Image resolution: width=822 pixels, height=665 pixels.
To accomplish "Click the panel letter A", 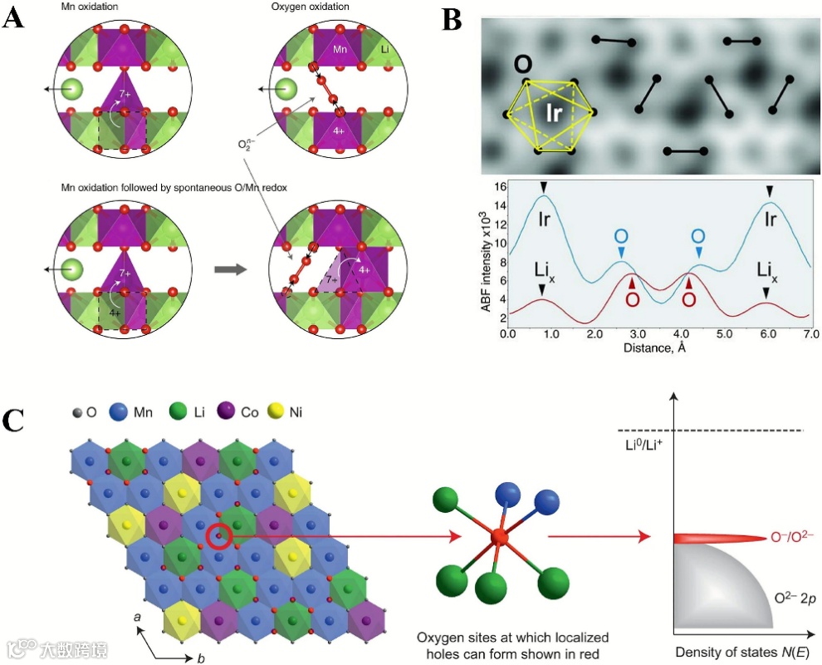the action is [x=14, y=18].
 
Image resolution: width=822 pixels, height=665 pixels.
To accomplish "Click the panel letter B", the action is [x=453, y=18].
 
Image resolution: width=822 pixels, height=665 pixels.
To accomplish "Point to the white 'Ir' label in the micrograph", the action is [x=554, y=114].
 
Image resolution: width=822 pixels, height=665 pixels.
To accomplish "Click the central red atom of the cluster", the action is [x=498, y=538].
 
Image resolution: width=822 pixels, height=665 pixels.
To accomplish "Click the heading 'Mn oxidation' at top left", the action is [x=91, y=7].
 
